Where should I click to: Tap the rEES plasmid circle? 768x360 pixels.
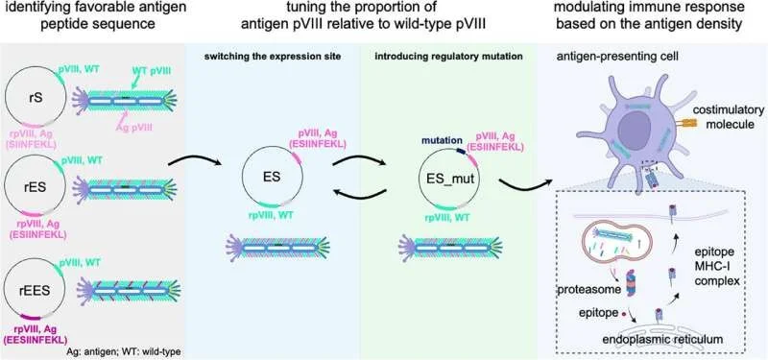[6, 285]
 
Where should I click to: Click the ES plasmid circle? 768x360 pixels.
[244, 178]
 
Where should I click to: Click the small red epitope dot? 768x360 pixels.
[623, 313]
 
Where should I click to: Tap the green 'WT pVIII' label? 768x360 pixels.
[153, 71]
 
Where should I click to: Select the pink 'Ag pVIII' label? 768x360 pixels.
[135, 127]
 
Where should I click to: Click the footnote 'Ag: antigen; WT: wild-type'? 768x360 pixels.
[122, 352]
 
